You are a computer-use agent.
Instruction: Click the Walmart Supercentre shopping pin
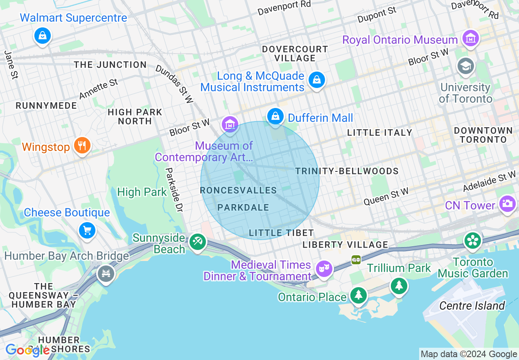click(43, 36)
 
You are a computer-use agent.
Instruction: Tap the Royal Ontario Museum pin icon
click(470, 38)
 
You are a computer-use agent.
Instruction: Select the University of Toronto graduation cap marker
click(466, 66)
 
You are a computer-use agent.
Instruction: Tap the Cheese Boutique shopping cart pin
click(87, 230)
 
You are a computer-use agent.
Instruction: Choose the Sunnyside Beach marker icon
click(198, 241)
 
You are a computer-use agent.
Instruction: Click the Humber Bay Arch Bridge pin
click(106, 273)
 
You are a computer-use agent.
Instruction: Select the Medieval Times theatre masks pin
click(325, 269)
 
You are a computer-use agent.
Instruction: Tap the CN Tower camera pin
click(507, 203)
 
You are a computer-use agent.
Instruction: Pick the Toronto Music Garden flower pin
click(473, 241)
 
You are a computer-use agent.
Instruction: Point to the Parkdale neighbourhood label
click(243, 207)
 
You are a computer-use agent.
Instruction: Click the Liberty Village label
click(345, 245)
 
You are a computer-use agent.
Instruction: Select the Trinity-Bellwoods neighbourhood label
click(347, 171)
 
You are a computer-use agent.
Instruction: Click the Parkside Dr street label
click(174, 190)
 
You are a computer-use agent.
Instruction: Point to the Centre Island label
click(472, 306)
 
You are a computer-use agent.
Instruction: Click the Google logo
click(27, 350)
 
